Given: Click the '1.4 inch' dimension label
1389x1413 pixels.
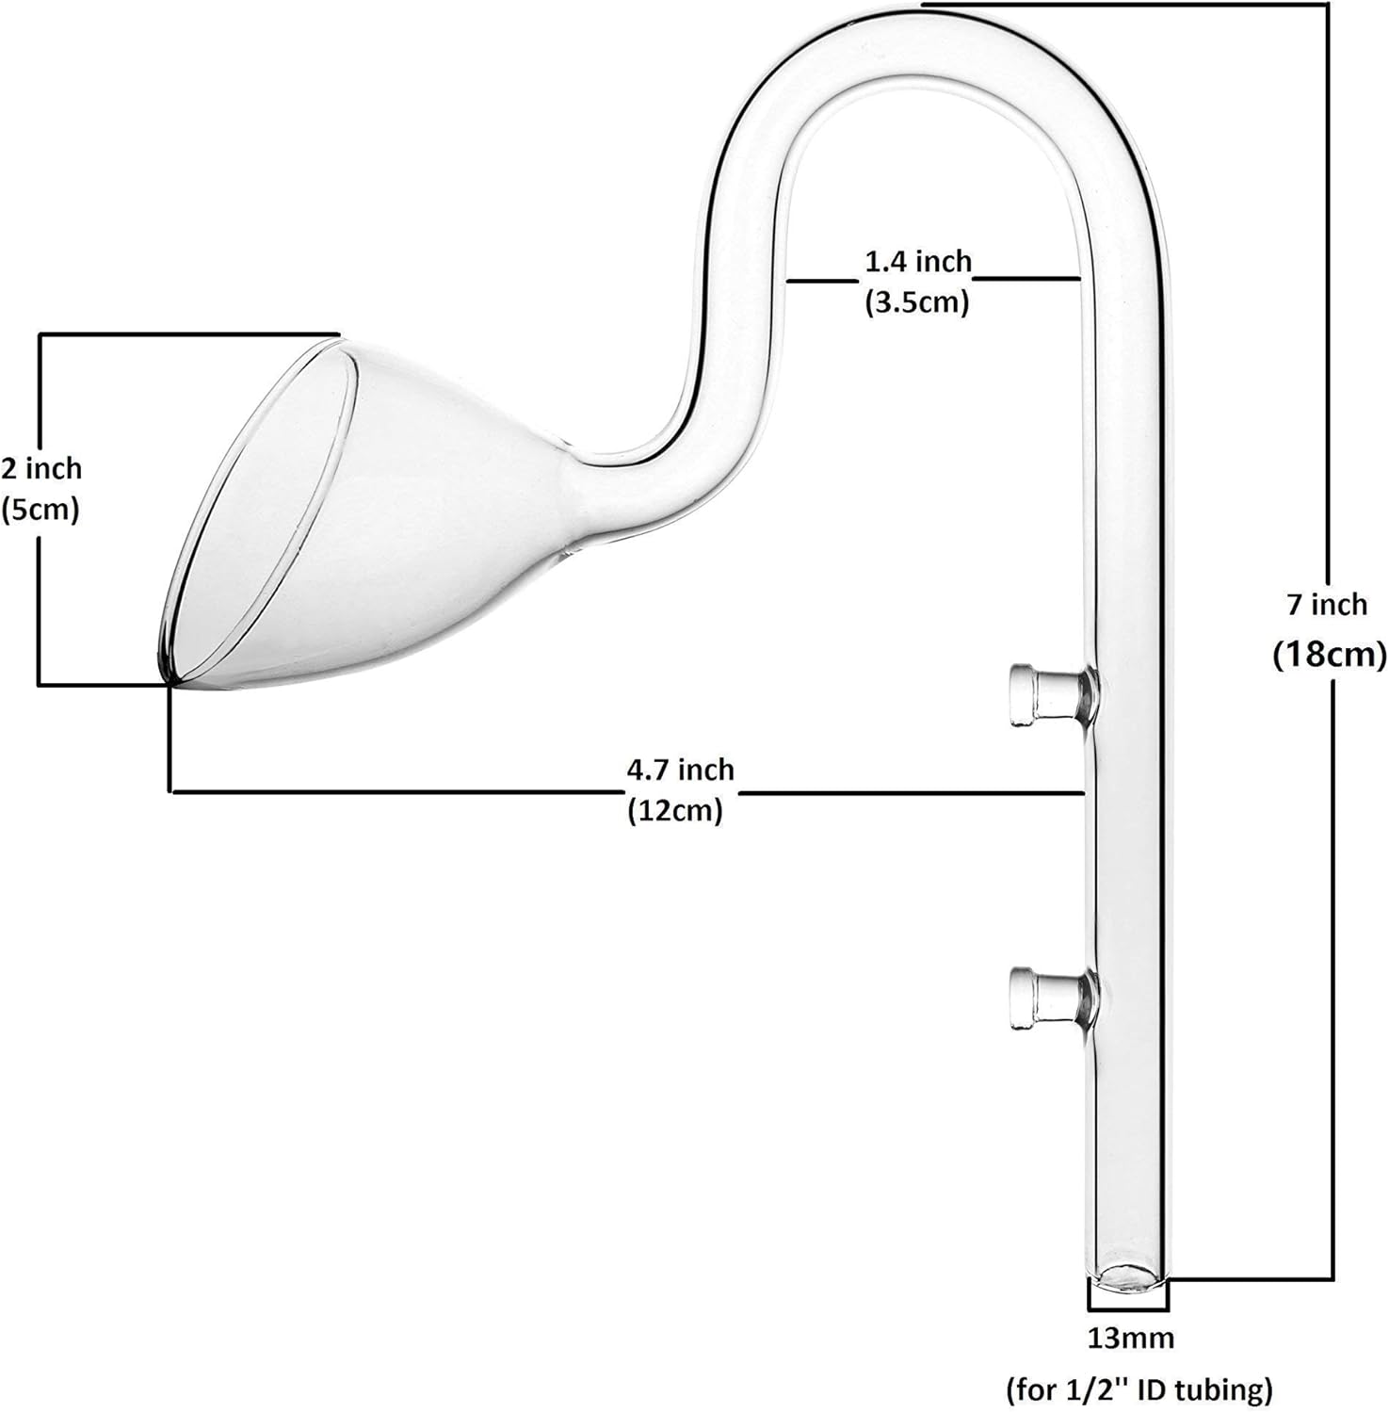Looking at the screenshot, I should click(918, 261).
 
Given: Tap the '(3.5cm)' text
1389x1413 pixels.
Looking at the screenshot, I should click(916, 302).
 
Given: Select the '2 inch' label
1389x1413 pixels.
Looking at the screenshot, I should click(41, 468).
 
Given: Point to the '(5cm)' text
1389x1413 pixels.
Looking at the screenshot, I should click(40, 510).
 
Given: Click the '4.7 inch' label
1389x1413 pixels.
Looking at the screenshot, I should click(680, 770).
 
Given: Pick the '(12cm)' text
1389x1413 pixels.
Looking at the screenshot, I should click(675, 810).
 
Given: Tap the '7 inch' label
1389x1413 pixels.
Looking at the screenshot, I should click(1327, 604).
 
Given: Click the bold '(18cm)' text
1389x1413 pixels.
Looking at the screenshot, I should click(1330, 654).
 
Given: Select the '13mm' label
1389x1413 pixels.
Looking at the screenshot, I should click(1131, 1337).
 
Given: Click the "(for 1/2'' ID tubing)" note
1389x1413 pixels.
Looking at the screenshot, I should click(1139, 1389).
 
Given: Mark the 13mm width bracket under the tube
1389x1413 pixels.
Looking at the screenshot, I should click(1128, 1307).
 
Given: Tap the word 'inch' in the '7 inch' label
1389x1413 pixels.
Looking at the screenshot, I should click(1341, 604).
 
